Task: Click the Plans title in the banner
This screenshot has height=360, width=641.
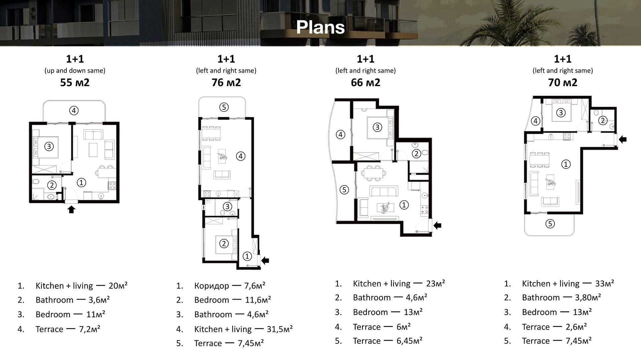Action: coord(320,27)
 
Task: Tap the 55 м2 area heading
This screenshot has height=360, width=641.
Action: coord(75,82)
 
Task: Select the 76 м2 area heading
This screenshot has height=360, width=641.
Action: coord(226,82)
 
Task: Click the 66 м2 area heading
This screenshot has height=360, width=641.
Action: coord(365,82)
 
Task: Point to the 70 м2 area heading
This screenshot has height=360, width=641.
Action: coord(563,82)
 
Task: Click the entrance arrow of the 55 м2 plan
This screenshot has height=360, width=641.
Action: coord(71,209)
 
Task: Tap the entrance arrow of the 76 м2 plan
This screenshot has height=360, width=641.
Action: coord(265,260)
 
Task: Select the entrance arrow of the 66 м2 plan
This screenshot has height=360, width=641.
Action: coord(437,226)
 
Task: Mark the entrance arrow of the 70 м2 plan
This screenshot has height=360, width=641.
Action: coord(623,139)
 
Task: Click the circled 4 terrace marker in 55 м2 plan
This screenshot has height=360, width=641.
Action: coord(74,110)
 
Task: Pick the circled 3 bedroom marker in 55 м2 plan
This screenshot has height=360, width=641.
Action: coord(49,146)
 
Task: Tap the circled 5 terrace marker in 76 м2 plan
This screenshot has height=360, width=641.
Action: coord(224,107)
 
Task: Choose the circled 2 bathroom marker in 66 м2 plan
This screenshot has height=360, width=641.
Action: coord(416,153)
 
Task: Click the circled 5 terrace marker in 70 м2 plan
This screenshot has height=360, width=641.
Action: coord(550,224)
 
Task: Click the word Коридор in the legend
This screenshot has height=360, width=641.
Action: coord(212,286)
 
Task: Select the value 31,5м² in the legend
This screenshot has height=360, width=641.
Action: coord(280,329)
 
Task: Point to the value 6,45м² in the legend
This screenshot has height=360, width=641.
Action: coord(409,341)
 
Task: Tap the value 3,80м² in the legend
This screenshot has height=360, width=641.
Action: coord(588,297)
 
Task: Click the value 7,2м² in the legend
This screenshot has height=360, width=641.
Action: coord(89,329)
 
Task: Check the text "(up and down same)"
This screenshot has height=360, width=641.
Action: coord(75,71)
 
